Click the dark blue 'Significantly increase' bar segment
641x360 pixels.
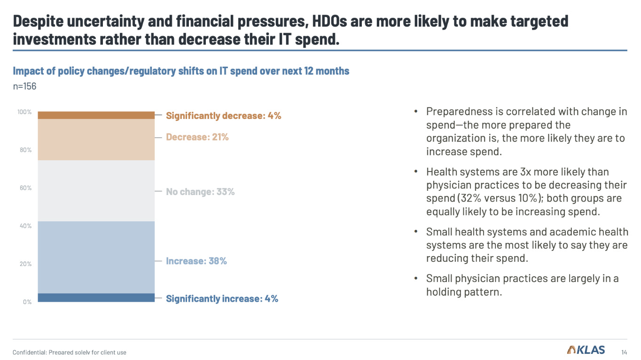pos(96,297)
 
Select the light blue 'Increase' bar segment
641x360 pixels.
pos(96,257)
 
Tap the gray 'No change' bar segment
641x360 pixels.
pos(96,191)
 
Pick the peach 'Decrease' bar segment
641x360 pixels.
pos(96,140)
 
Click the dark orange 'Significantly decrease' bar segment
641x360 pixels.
pos(96,115)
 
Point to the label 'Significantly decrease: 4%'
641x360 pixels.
pos(223,116)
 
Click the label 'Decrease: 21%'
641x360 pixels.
pos(197,137)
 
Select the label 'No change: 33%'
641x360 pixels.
pos(200,192)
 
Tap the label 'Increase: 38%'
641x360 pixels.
pos(196,261)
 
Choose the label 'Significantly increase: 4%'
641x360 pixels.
pos(222,298)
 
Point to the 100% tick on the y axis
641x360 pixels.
pos(24,112)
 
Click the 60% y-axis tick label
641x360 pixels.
pos(26,188)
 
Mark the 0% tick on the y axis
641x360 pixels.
pos(27,302)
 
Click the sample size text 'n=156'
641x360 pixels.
pos(24,86)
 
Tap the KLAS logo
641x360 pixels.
pos(586,350)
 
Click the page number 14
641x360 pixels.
pos(624,352)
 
